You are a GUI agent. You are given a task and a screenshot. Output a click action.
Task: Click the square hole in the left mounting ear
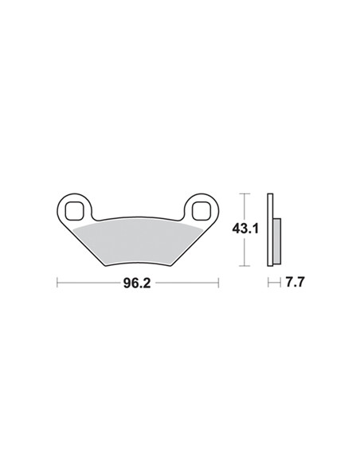(x=73, y=210)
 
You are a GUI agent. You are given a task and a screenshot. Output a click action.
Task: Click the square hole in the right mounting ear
(x=201, y=210)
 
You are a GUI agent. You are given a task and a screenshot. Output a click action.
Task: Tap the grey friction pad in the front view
(x=138, y=242)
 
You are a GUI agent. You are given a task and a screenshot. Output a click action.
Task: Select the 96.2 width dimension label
(x=137, y=283)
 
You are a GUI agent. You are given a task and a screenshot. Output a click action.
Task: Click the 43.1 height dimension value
(x=245, y=229)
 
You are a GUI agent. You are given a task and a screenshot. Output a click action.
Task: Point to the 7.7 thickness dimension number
(x=295, y=282)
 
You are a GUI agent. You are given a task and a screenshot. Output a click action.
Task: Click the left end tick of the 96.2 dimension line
(x=57, y=283)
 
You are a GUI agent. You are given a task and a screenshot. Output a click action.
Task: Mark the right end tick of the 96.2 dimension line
(x=218, y=283)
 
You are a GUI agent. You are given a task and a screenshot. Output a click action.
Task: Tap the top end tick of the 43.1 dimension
(x=245, y=193)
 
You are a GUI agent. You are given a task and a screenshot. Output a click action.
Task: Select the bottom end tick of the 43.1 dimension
(x=245, y=266)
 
